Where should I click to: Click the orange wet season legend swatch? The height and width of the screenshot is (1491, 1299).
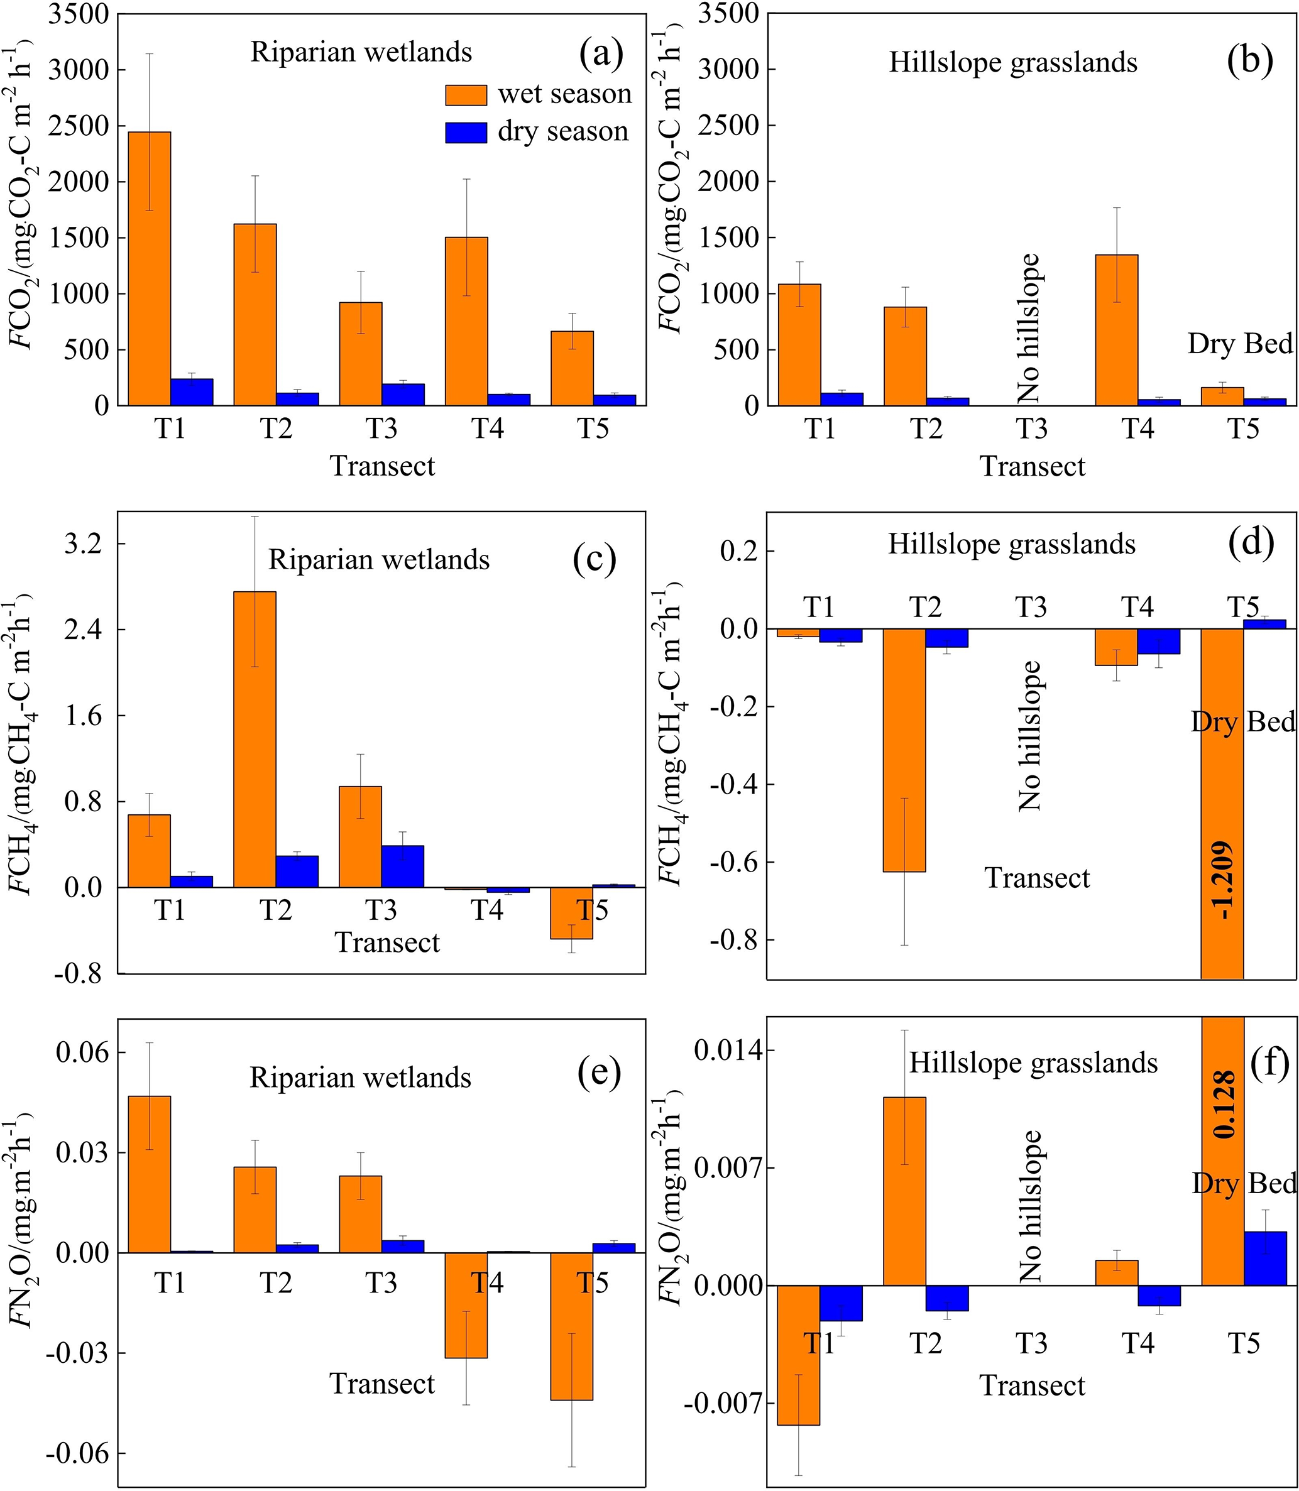[466, 94]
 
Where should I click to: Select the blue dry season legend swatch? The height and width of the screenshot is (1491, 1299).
[466, 132]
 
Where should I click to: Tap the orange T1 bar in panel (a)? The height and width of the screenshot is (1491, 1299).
[150, 268]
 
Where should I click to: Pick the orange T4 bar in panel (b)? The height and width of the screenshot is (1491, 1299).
[1116, 330]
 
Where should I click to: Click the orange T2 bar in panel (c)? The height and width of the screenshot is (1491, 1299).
[255, 740]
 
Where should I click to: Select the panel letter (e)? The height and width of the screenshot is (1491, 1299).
[599, 1074]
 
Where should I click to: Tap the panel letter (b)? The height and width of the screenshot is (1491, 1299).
[1250, 61]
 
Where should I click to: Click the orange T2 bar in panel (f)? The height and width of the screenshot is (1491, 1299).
[905, 1192]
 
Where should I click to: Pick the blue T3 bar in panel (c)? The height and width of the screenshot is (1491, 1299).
[403, 866]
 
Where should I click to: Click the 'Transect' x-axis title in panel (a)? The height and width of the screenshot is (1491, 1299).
[383, 466]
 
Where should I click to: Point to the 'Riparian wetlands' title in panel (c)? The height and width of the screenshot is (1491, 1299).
[379, 560]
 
